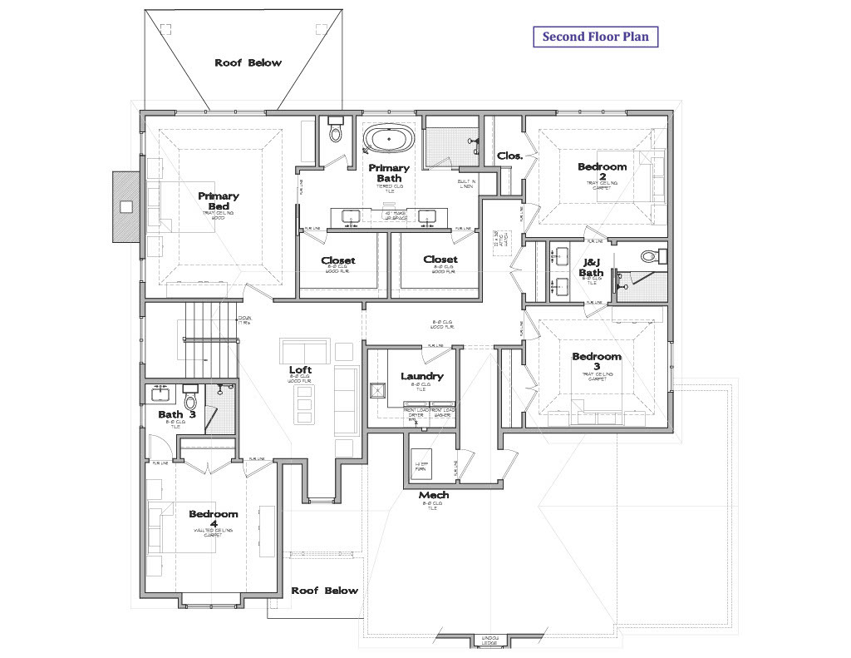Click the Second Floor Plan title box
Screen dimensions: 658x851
[595, 37]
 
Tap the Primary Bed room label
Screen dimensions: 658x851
[218, 201]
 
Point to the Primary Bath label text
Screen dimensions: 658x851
[389, 173]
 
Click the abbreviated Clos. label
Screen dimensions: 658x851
[509, 156]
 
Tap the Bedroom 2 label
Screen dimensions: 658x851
[602, 171]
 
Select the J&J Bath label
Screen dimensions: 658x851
[592, 267]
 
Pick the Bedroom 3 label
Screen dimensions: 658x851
[596, 362]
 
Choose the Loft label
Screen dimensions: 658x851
[300, 370]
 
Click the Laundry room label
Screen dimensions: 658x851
[421, 376]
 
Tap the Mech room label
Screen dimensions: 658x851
[433, 495]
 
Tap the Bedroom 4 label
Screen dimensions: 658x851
[213, 519]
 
